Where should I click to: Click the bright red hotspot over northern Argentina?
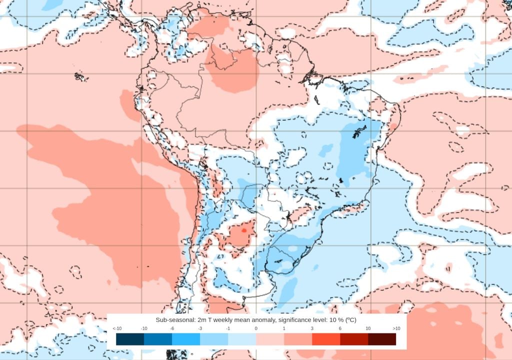243,230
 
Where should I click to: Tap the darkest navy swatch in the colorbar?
130,339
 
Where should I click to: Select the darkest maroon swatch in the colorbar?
382,339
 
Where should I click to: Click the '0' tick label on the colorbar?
256,328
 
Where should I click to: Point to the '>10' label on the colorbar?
396,328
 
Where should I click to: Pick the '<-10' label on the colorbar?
117,328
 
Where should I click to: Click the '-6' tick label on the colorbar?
172,328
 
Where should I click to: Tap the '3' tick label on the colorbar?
312,328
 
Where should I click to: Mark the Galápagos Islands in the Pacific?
79,76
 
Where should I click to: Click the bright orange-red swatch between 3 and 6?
326,339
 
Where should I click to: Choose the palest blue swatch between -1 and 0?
242,339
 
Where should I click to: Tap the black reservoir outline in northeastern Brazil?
358,132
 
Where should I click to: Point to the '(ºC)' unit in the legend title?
348,319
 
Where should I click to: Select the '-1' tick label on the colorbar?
228,328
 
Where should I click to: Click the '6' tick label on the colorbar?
340,328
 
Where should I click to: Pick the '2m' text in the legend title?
203,319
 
